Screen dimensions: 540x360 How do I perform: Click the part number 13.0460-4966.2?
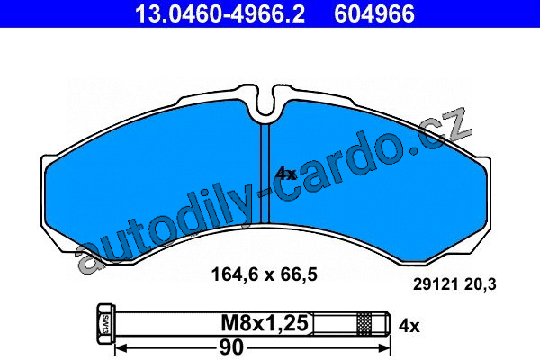click(220, 13)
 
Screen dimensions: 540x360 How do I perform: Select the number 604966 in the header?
click(374, 13)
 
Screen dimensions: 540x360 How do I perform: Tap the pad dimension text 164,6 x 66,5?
click(264, 274)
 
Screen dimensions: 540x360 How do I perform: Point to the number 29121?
click(436, 284)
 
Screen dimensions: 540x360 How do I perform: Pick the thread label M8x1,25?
click(265, 323)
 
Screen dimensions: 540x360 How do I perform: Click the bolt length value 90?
click(231, 347)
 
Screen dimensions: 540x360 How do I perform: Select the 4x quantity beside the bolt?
click(409, 325)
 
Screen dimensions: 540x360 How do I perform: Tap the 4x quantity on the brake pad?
click(285, 174)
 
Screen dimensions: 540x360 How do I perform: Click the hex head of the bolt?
click(105, 323)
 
